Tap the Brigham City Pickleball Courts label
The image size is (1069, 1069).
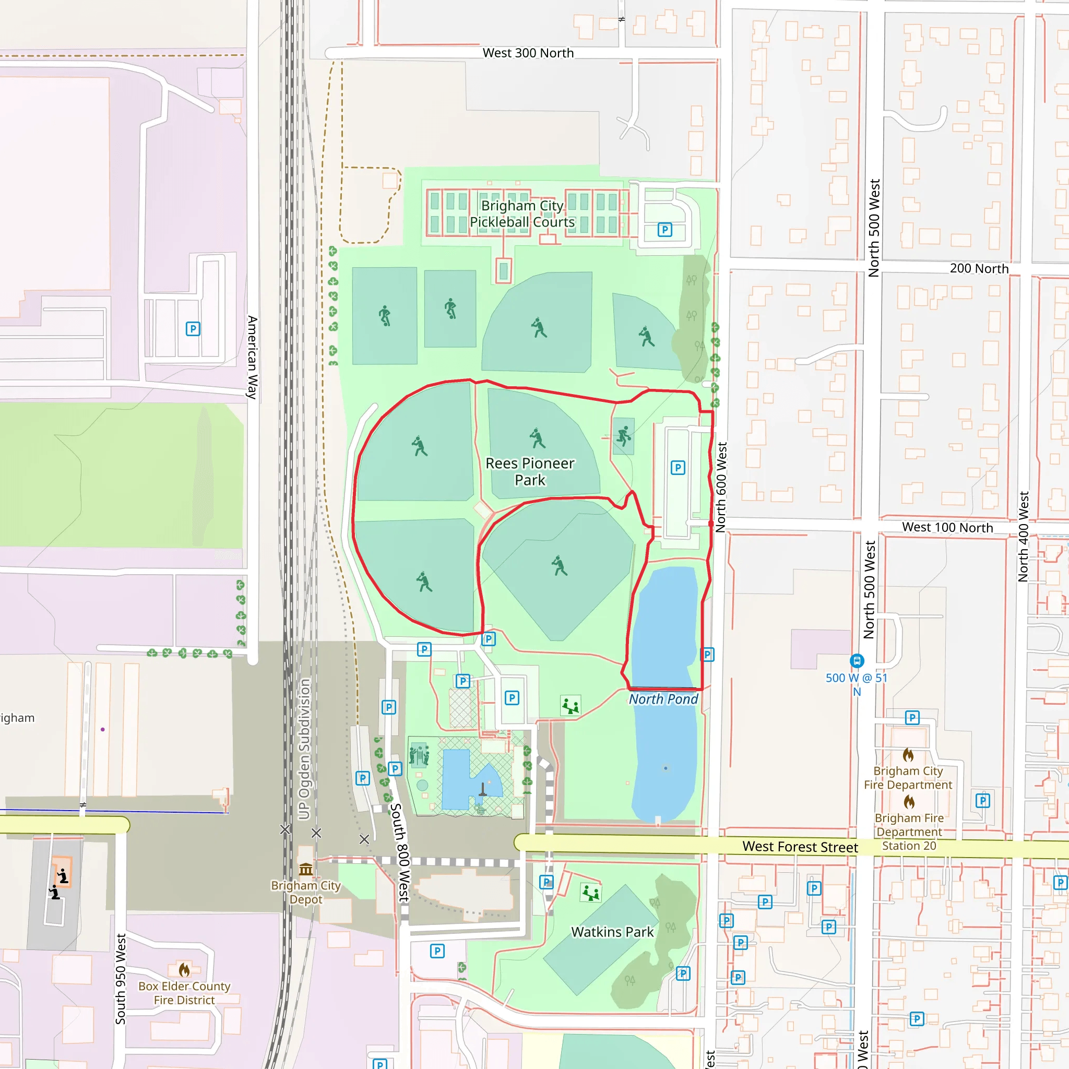tap(522, 213)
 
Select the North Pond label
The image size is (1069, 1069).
tap(663, 699)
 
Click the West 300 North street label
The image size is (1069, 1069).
tap(528, 53)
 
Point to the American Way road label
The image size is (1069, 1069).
tap(252, 357)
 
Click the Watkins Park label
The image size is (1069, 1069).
tap(612, 932)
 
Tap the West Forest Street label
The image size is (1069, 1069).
tap(800, 847)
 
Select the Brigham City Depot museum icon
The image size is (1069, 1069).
tap(306, 869)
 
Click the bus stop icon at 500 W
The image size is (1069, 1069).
tap(857, 661)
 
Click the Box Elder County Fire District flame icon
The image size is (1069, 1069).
tap(184, 970)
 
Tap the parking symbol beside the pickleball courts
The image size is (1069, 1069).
tap(664, 230)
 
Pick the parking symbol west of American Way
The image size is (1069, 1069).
tap(193, 329)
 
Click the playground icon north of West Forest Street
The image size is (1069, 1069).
tap(571, 706)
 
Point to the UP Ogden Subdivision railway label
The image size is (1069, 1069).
tap(304, 749)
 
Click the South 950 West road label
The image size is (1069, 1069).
tap(121, 979)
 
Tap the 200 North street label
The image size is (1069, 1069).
tap(979, 269)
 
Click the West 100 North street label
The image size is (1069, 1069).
tap(947, 527)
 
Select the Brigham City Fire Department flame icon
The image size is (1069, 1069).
tap(908, 755)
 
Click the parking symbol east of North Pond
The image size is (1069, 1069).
tap(707, 655)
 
